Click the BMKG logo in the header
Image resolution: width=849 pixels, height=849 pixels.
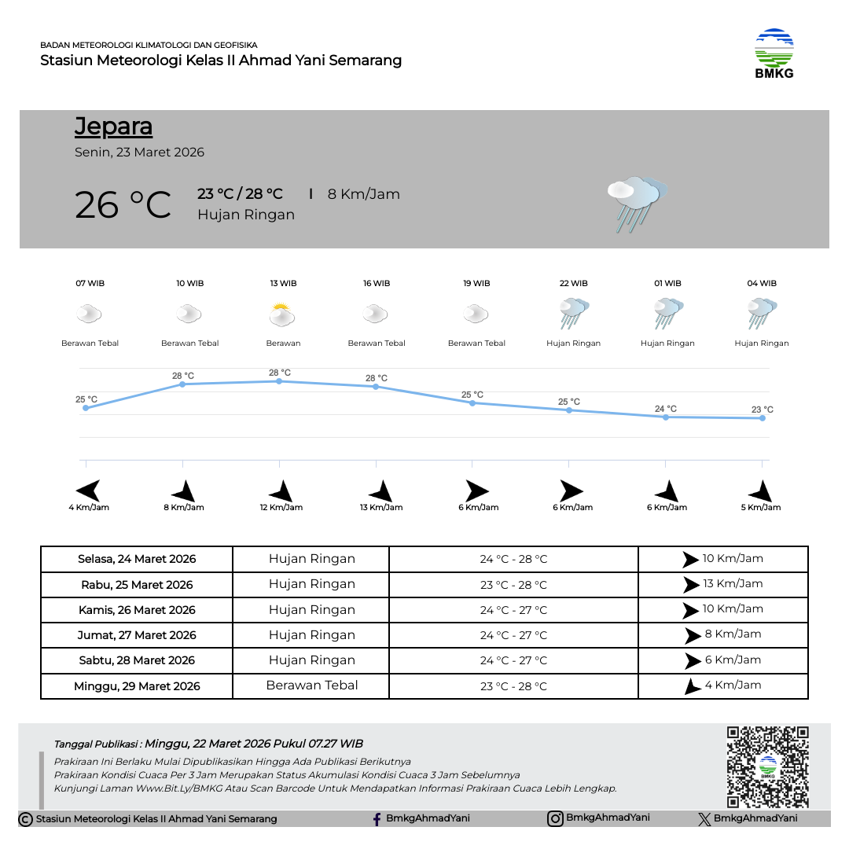coord(774,53)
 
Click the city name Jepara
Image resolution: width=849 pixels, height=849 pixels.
coord(113,127)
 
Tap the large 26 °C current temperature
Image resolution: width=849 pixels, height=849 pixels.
coord(123,205)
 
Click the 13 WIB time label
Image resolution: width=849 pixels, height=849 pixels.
coord(283,284)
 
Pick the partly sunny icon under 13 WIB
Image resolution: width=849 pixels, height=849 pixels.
coord(281,315)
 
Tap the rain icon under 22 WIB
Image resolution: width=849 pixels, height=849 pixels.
coord(574,314)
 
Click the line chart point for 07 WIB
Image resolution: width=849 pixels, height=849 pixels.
coord(86,408)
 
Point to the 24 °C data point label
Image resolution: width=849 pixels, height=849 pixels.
coord(665,409)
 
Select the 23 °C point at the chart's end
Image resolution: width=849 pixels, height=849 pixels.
coord(763,418)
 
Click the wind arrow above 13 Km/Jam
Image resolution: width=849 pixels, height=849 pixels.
coord(381,491)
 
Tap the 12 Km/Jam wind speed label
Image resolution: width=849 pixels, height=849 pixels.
coord(281,508)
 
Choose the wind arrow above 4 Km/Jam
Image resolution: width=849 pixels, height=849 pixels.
coord(88,491)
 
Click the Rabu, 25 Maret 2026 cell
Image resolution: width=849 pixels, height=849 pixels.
coord(137,585)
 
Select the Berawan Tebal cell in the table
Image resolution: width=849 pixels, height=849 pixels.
coord(311,685)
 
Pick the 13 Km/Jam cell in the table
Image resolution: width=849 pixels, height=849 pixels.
coord(723,584)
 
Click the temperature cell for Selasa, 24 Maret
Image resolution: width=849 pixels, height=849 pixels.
coord(513,560)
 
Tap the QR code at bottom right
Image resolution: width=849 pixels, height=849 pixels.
coord(767,766)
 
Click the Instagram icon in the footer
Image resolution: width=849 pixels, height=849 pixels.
coord(555,818)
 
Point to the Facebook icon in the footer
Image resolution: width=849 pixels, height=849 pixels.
coord(377,819)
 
